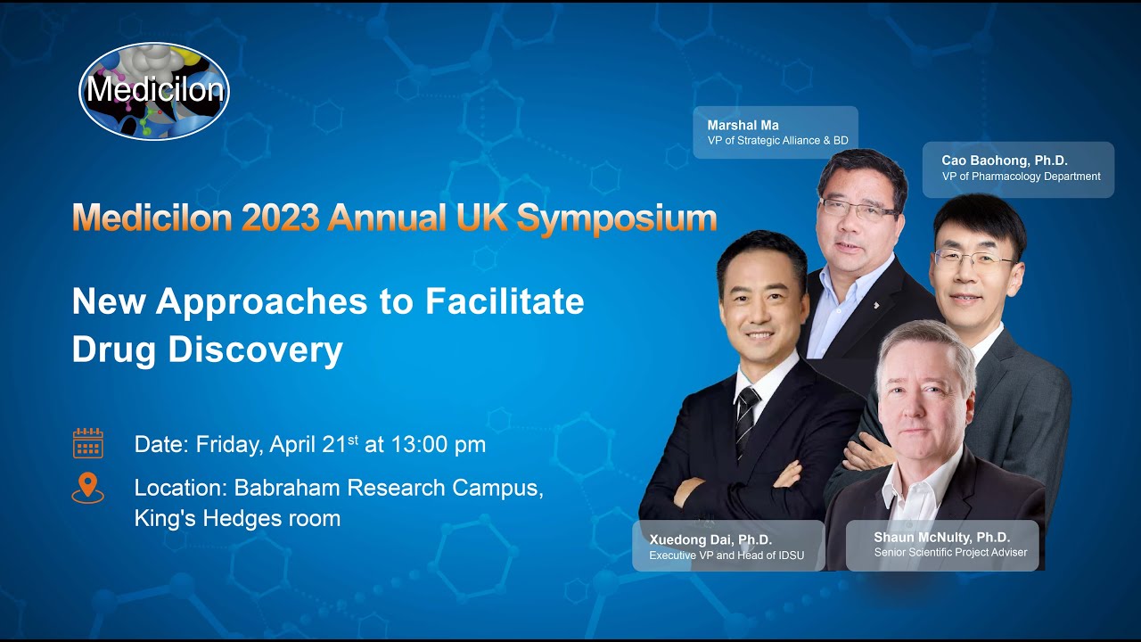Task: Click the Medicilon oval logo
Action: (x=154, y=92)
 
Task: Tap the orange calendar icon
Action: (x=88, y=443)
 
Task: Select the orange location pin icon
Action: (x=87, y=489)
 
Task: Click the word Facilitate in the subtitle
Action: (x=505, y=301)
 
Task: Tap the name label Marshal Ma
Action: (x=743, y=125)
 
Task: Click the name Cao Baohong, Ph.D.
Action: (x=1004, y=160)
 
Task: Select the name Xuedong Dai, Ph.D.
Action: (x=710, y=539)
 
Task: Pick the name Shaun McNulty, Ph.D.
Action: (x=941, y=537)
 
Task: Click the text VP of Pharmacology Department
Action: (x=1021, y=177)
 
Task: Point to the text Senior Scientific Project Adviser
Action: (x=950, y=553)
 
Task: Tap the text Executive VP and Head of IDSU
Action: (x=726, y=556)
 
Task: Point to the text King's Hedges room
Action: (x=237, y=518)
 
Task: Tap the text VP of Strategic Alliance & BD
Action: (x=777, y=141)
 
